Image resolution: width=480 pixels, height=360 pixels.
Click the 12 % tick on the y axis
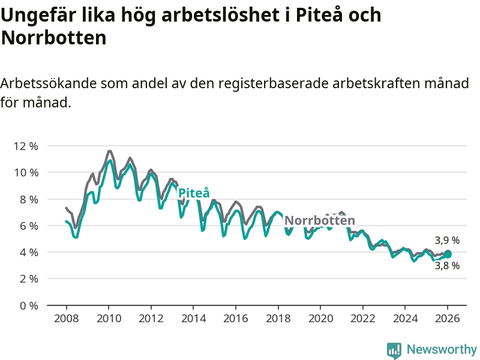(x=26, y=146)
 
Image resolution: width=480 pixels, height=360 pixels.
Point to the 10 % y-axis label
(x=26, y=172)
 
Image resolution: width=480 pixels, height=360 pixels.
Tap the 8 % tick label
(x=28, y=199)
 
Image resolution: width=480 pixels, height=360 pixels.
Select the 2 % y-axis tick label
(x=28, y=279)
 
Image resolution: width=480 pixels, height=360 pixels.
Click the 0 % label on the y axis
(x=28, y=305)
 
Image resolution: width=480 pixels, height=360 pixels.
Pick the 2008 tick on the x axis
(x=65, y=319)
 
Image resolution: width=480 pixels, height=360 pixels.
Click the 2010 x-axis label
(x=108, y=319)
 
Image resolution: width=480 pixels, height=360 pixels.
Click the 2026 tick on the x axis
(x=448, y=319)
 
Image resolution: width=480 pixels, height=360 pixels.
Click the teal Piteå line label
(x=194, y=193)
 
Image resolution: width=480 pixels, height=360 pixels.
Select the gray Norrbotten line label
(x=319, y=220)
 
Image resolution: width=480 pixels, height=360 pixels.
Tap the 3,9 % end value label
(x=447, y=240)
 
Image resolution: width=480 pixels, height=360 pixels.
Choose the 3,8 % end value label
(x=447, y=266)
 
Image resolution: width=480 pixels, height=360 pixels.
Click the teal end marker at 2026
(x=448, y=254)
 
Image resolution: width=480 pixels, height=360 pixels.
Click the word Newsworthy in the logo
(x=442, y=349)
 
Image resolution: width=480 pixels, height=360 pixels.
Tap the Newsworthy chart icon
(x=394, y=350)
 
